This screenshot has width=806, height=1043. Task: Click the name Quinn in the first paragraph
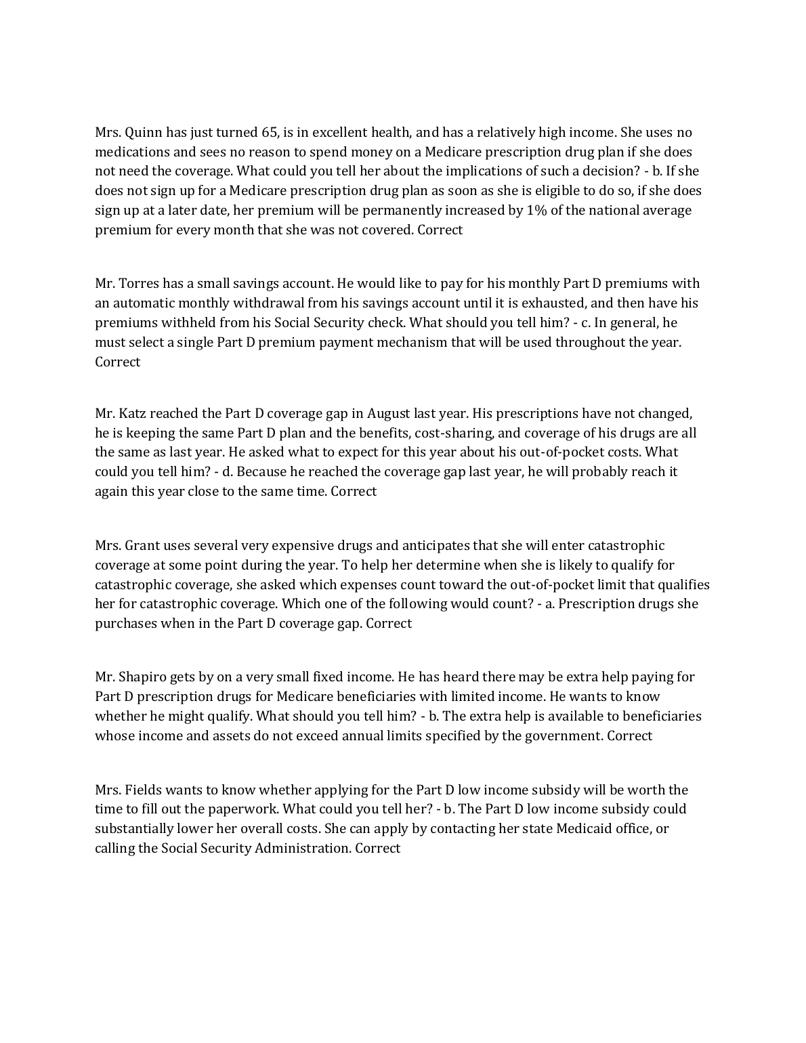click(x=144, y=133)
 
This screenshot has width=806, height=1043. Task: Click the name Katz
click(x=135, y=414)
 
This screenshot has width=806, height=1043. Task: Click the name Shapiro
click(x=145, y=677)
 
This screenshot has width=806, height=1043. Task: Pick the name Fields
click(x=143, y=790)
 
